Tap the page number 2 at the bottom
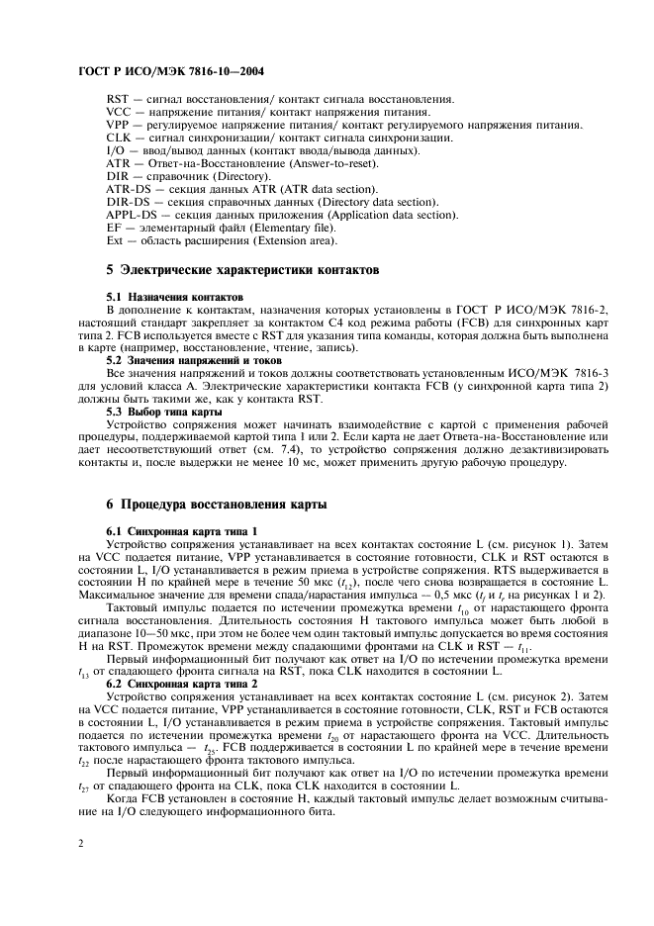(x=78, y=842)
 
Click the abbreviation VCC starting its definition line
(x=118, y=112)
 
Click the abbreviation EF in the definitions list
(x=113, y=227)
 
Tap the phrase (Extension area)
(x=287, y=239)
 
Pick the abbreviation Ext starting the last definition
(x=115, y=239)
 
